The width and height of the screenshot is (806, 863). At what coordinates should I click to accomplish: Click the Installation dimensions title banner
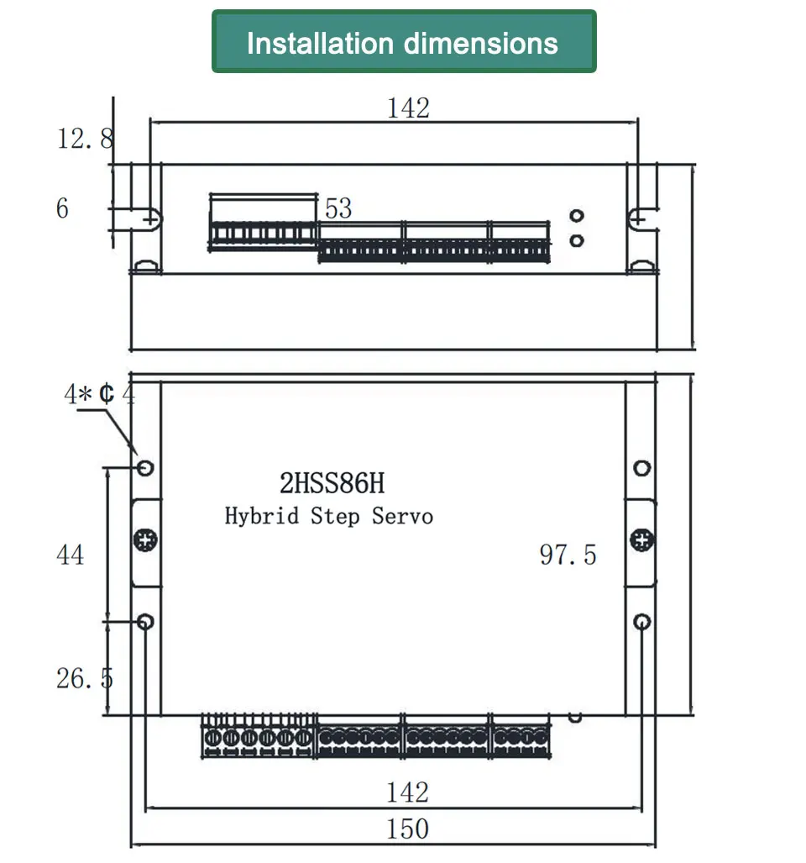(x=404, y=41)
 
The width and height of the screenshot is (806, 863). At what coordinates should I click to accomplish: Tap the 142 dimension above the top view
(x=409, y=108)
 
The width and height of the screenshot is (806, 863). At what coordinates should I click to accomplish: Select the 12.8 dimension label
(x=86, y=138)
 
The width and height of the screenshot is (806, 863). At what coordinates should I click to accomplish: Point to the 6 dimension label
(x=63, y=208)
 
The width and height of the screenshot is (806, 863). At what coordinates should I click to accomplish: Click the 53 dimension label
(x=338, y=208)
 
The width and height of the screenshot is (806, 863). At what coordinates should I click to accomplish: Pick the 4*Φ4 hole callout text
(x=100, y=394)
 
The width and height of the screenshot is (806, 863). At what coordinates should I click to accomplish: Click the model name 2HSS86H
(x=332, y=483)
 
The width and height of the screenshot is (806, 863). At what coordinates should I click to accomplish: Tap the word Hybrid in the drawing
(x=262, y=516)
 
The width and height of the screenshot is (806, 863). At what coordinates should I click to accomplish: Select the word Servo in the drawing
(x=402, y=516)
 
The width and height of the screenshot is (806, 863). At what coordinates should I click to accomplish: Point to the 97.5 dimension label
(x=568, y=555)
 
